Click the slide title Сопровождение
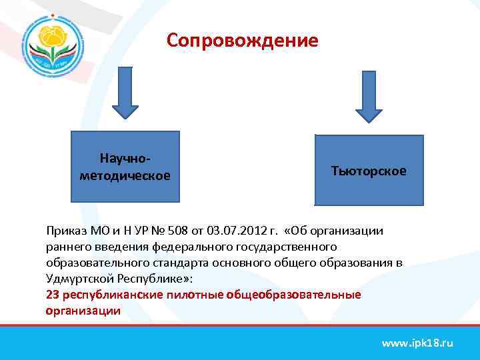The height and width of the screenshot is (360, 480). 243,41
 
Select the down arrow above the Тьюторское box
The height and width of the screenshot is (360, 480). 368,96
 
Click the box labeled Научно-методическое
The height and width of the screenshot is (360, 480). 125,167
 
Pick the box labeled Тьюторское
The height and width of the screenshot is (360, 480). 369,171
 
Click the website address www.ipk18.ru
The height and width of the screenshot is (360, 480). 417,343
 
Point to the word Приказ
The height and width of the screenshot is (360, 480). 64,231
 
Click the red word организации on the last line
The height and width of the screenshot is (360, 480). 83,311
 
